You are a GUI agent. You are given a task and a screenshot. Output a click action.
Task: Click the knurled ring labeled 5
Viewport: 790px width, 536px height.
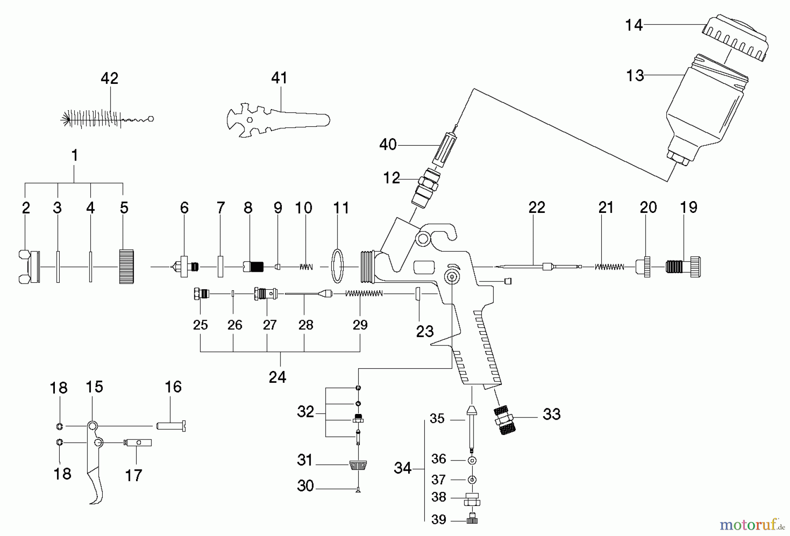click(126, 266)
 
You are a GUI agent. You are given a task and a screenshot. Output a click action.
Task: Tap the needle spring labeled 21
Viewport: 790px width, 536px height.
click(610, 266)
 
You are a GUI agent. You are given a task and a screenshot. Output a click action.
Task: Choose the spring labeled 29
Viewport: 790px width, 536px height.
click(364, 293)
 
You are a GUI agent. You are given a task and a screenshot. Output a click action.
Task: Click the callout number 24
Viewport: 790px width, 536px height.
click(277, 377)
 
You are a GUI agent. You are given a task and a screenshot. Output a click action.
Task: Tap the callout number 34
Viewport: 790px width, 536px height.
click(402, 468)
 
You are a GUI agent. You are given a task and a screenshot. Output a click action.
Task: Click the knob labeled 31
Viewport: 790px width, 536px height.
click(358, 464)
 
